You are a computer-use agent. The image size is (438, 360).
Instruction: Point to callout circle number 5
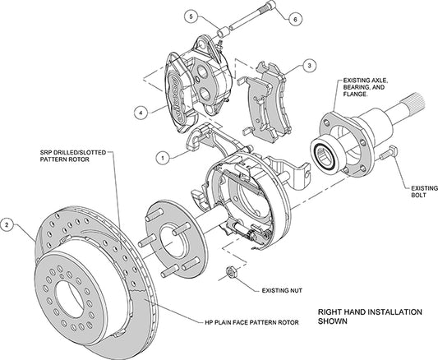[x=189, y=16]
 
